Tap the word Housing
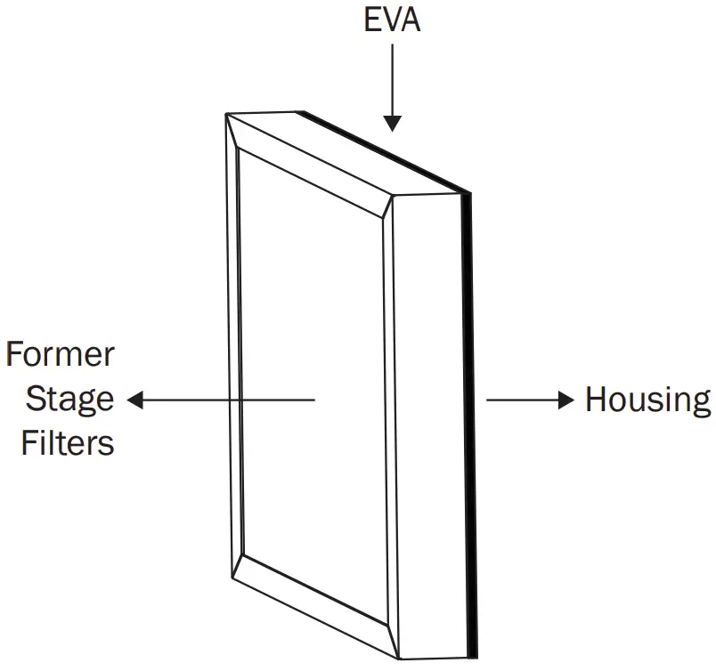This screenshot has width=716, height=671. click(x=647, y=400)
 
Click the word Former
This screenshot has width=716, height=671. click(x=61, y=356)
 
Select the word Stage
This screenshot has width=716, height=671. click(x=69, y=400)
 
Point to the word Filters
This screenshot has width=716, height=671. click(x=68, y=442)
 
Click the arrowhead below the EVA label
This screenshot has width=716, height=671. click(x=392, y=124)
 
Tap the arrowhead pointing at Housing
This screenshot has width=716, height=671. click(x=566, y=400)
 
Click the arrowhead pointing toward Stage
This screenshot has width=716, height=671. click(x=135, y=400)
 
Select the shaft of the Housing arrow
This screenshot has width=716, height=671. click(x=522, y=400)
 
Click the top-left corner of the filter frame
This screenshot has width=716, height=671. click(x=228, y=116)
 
